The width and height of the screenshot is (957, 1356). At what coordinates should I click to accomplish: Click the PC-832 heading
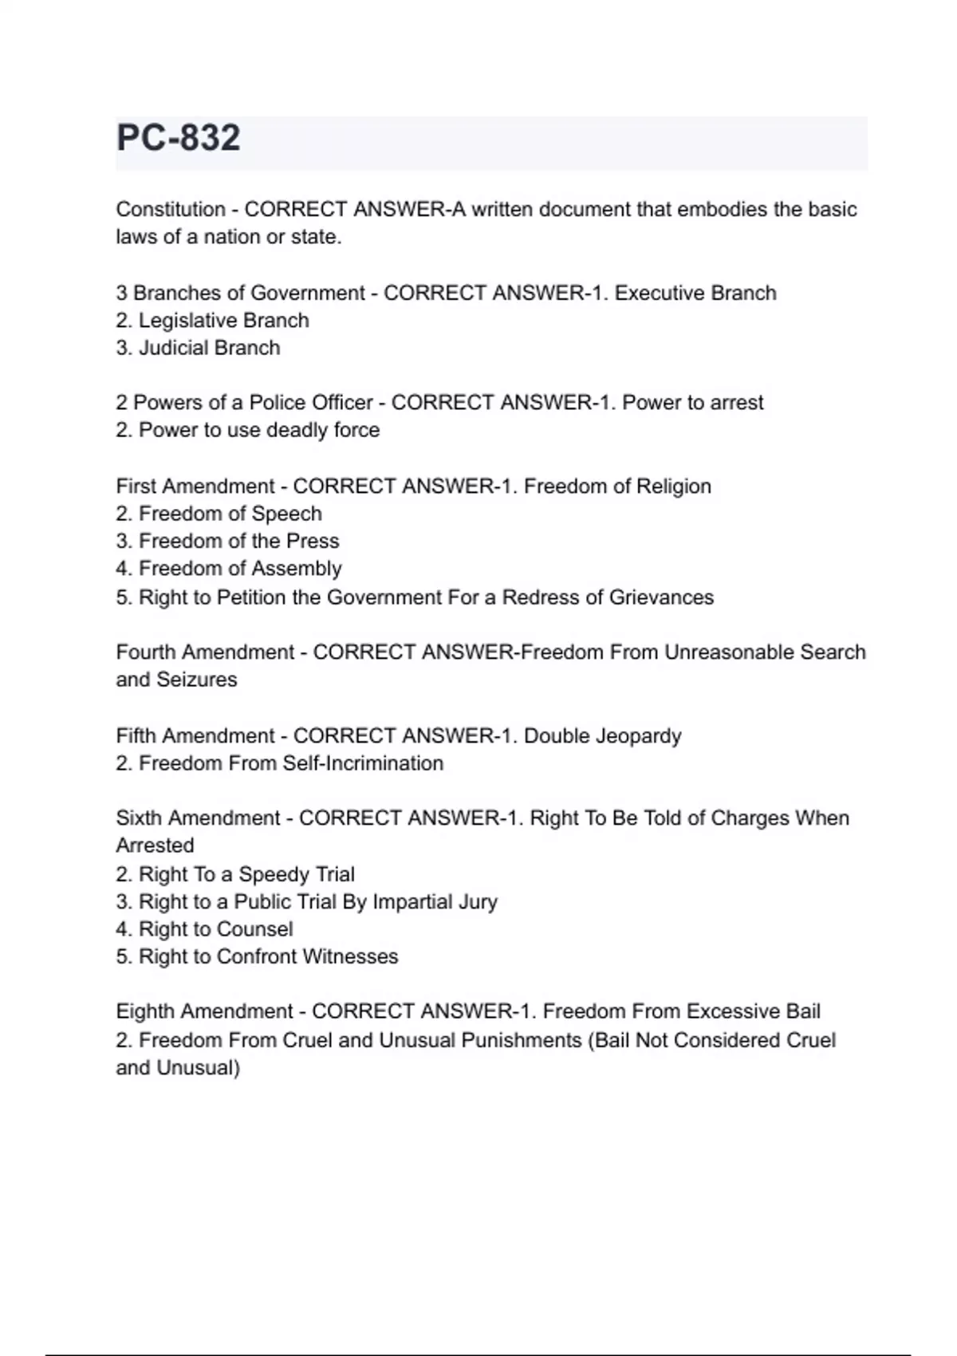pyautogui.click(x=178, y=138)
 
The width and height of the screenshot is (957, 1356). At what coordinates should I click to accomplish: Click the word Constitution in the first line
pyautogui.click(x=171, y=210)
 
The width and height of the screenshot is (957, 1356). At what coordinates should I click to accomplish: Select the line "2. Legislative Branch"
pyautogui.click(x=212, y=321)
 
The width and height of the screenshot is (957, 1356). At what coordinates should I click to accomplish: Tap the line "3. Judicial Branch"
pyautogui.click(x=198, y=348)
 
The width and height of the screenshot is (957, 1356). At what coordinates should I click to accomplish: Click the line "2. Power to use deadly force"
pyautogui.click(x=247, y=430)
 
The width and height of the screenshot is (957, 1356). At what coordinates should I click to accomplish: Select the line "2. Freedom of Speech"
pyautogui.click(x=219, y=514)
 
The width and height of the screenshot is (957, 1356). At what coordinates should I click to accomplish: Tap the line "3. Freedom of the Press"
pyautogui.click(x=227, y=541)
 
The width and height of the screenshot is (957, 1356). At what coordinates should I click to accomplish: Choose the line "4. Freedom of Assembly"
pyautogui.click(x=228, y=569)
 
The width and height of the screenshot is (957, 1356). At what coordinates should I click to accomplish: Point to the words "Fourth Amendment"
pyautogui.click(x=205, y=652)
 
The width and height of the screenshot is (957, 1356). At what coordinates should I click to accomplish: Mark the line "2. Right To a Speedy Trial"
pyautogui.click(x=235, y=874)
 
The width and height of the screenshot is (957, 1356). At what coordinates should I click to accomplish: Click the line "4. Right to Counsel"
pyautogui.click(x=204, y=929)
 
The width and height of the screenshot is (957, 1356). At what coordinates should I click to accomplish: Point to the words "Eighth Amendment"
pyautogui.click(x=204, y=1011)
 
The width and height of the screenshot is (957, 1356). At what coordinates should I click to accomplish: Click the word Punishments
pyautogui.click(x=522, y=1040)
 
